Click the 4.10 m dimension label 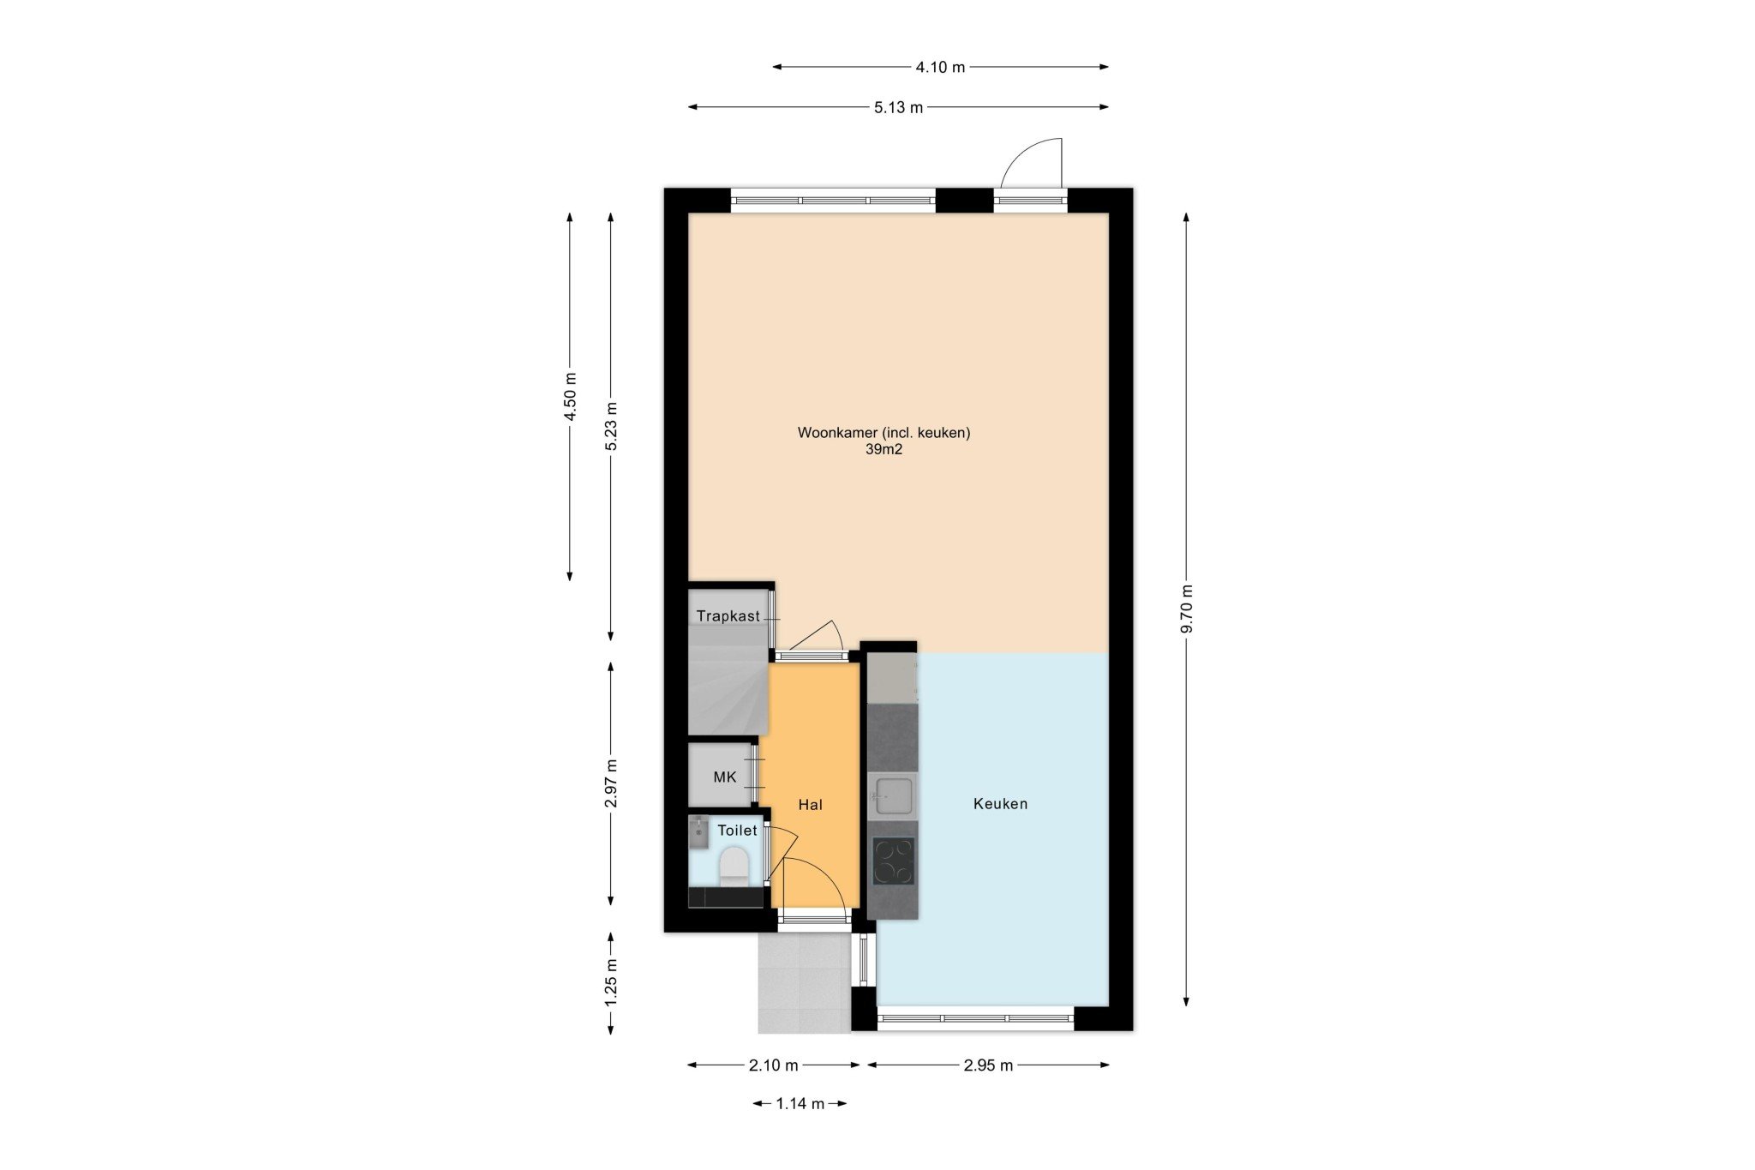coord(941,67)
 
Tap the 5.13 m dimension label coord(899,107)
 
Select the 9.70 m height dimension coord(1187,609)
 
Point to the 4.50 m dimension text coord(570,396)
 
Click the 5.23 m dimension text coord(611,426)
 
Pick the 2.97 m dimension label coord(611,783)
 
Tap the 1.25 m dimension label coord(611,983)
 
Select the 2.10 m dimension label coord(773,1065)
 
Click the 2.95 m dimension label coord(988,1065)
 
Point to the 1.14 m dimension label coord(800,1104)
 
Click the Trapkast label coord(728,616)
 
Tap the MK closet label coord(725,777)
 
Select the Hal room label coord(810,804)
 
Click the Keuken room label coord(1000,804)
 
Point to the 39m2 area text coord(883,449)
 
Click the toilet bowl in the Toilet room coord(734,866)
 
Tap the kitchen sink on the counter coord(892,796)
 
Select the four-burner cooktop coord(893,861)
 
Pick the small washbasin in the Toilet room coord(698,831)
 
